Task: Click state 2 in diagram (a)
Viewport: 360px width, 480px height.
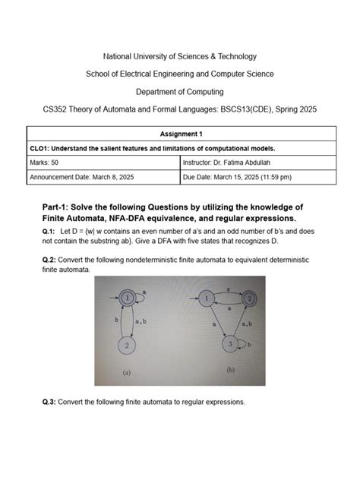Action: click(128, 344)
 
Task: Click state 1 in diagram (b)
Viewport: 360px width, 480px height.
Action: click(204, 298)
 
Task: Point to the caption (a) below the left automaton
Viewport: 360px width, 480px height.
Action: click(128, 373)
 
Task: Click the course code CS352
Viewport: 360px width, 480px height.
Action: click(57, 109)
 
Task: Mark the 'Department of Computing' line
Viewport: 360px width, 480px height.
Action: click(180, 92)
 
